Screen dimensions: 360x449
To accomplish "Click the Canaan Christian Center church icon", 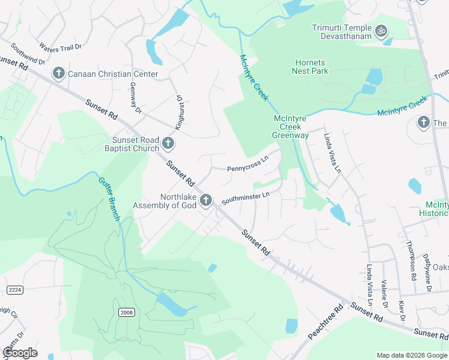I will click(59, 74).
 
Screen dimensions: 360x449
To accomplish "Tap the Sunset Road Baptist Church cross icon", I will click(169, 144).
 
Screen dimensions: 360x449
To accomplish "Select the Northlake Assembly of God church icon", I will click(206, 200).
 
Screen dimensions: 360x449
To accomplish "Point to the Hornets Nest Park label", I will click(311, 67).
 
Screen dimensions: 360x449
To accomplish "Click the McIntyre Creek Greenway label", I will click(291, 127).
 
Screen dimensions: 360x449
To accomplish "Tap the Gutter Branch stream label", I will click(109, 199).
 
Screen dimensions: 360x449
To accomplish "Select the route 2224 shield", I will click(15, 290).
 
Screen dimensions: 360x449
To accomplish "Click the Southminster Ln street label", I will click(246, 199).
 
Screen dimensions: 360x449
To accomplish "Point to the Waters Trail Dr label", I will click(60, 46).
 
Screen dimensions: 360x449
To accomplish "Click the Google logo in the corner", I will click(20, 353).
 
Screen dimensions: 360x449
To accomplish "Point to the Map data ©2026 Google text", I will click(412, 355).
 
